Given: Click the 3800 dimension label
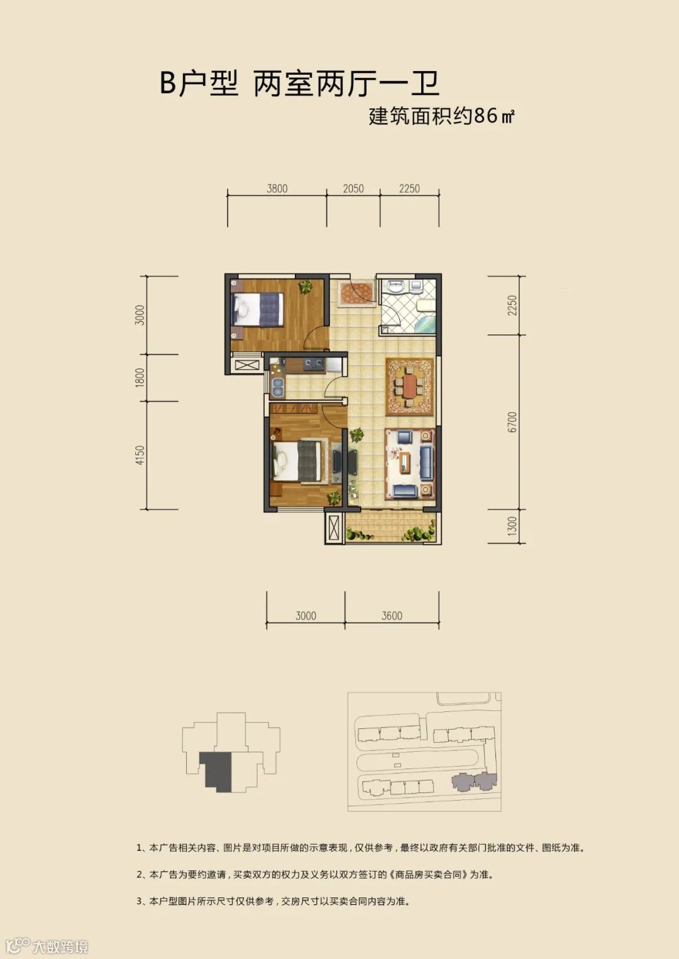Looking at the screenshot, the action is tap(277, 189).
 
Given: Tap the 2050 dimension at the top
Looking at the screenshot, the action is tap(353, 189).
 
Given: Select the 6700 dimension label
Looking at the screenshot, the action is tap(512, 422).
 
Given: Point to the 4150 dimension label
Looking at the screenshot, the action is tap(140, 455).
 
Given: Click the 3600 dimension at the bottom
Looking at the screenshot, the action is tap(392, 616).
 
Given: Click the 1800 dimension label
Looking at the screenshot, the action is tap(140, 378).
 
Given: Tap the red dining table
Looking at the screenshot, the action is tap(409, 386).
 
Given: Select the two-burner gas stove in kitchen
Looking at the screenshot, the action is tap(314, 364).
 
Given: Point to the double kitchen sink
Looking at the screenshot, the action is tap(278, 386).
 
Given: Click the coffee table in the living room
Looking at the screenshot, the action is tap(405, 463).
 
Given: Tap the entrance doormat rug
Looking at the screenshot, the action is tap(356, 292).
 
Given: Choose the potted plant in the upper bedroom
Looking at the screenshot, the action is tap(305, 287).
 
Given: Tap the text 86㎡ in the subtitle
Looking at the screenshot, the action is tap(494, 116).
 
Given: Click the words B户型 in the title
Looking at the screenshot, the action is tap(199, 84).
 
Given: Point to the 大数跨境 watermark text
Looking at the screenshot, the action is tap(60, 946).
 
